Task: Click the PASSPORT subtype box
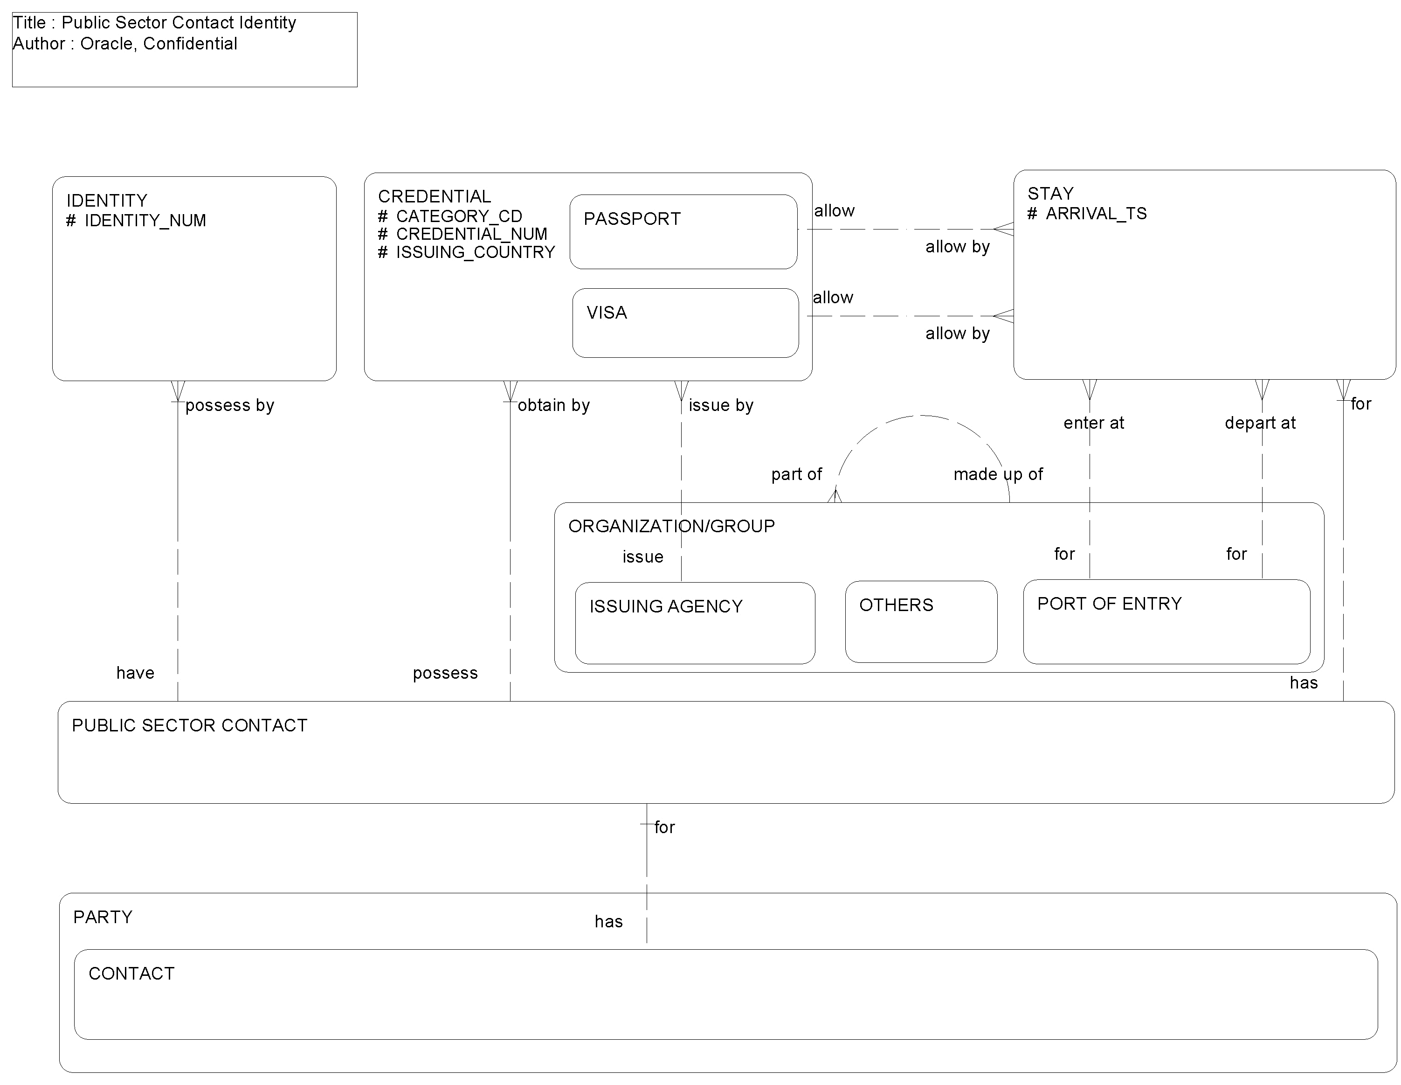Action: pyautogui.click(x=683, y=232)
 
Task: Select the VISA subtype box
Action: pyautogui.click(x=685, y=323)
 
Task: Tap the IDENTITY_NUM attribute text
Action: pyautogui.click(x=145, y=221)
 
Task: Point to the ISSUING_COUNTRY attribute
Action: pyautogui.click(x=475, y=252)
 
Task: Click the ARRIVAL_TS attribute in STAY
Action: pyautogui.click(x=1096, y=214)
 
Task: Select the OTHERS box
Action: pyautogui.click(x=920, y=621)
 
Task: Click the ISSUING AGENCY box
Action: pyautogui.click(x=695, y=622)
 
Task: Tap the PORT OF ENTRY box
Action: pyautogui.click(x=1166, y=621)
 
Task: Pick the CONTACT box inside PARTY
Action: pyautogui.click(x=725, y=994)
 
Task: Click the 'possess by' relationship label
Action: pyautogui.click(x=230, y=405)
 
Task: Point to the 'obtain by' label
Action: pyautogui.click(x=553, y=405)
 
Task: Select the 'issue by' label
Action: pyautogui.click(x=720, y=405)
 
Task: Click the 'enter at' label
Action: pyautogui.click(x=1093, y=423)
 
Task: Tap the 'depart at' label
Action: pyautogui.click(x=1259, y=423)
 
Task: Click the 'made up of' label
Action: pyautogui.click(x=998, y=474)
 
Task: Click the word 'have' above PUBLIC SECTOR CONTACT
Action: pyautogui.click(x=135, y=673)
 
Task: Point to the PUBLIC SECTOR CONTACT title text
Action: pyautogui.click(x=189, y=726)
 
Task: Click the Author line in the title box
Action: pyautogui.click(x=125, y=44)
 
